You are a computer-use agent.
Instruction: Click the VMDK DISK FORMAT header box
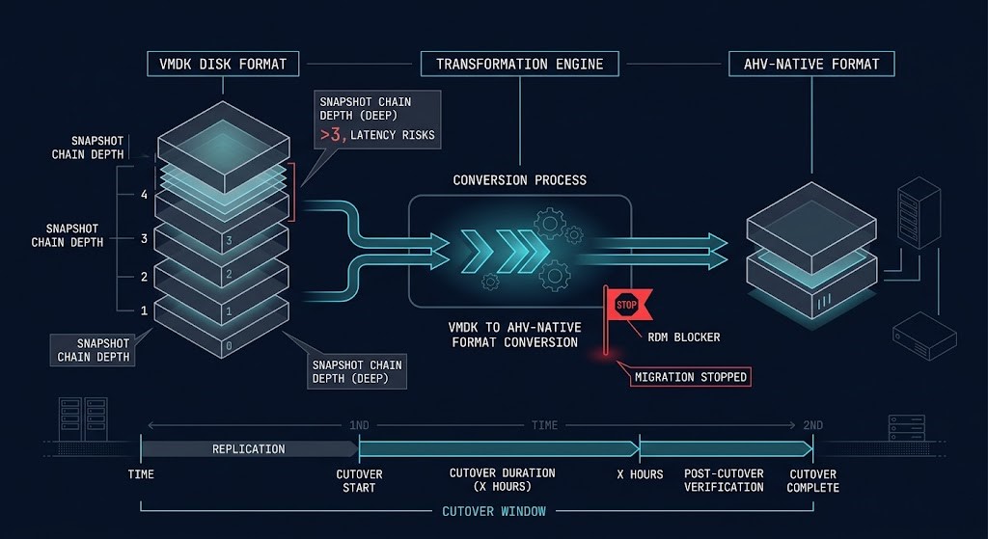tap(222, 65)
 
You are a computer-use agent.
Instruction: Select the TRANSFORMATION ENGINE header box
tap(519, 65)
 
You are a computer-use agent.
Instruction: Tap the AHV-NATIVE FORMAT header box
tap(811, 65)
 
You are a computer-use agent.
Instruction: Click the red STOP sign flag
tap(624, 304)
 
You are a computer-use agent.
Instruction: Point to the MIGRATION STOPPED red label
tap(690, 376)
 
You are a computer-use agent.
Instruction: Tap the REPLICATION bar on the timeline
tap(249, 448)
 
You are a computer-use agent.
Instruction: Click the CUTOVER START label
tap(359, 480)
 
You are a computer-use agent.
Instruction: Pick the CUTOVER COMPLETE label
tap(813, 480)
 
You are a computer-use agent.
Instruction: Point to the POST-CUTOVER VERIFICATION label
tap(724, 480)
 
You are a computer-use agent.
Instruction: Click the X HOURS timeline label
tap(640, 474)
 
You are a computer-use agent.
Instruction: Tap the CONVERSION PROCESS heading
tap(519, 180)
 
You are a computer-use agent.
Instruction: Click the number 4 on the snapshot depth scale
tap(144, 194)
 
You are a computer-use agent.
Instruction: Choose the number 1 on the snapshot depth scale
tap(144, 310)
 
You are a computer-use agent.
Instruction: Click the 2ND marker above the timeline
tap(812, 425)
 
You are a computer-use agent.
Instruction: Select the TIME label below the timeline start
tap(141, 474)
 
